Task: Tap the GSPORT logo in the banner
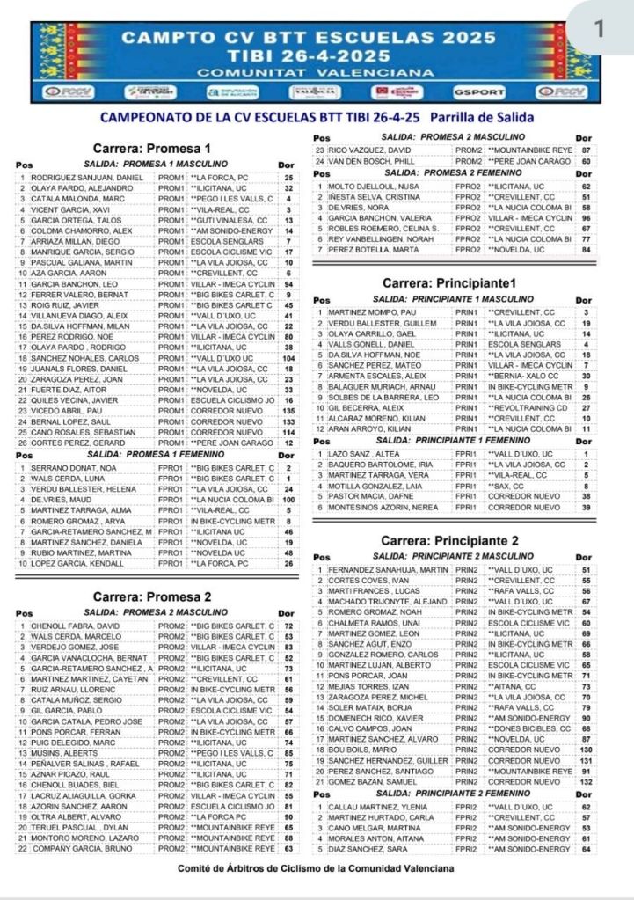(x=479, y=91)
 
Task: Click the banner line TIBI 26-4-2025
(x=297, y=55)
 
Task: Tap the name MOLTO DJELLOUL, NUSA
(x=364, y=187)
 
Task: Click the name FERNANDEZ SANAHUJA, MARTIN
(x=381, y=570)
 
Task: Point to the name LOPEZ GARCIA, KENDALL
(x=66, y=562)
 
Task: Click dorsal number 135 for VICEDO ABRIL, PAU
(x=288, y=410)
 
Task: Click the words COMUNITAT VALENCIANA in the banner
(x=297, y=71)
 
